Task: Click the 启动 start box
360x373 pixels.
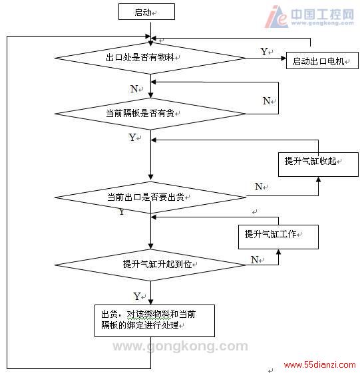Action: click(146, 12)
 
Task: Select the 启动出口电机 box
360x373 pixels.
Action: click(322, 61)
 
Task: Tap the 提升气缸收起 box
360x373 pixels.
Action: click(318, 164)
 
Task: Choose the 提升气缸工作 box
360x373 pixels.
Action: click(278, 237)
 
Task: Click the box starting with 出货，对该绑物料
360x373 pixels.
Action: click(154, 320)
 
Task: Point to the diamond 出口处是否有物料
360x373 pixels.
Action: click(150, 58)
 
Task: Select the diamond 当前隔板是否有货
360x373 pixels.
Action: click(150, 114)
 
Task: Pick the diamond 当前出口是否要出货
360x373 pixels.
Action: click(150, 197)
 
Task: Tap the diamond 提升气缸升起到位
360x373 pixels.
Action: click(150, 265)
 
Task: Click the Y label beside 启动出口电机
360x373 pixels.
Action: click(264, 52)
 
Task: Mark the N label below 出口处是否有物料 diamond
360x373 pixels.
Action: click(134, 88)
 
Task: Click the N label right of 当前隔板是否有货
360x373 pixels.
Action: click(266, 101)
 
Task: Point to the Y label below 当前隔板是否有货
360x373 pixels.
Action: click(132, 137)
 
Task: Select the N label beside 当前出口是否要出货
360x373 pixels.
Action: click(259, 186)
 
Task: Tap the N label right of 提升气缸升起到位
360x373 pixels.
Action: click(254, 259)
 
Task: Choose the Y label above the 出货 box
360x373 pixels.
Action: click(137, 296)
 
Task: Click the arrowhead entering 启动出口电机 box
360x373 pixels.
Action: click(283, 58)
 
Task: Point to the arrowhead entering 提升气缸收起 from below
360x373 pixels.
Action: click(318, 180)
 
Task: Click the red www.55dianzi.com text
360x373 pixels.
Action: click(320, 364)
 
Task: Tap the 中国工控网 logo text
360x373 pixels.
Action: click(322, 14)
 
